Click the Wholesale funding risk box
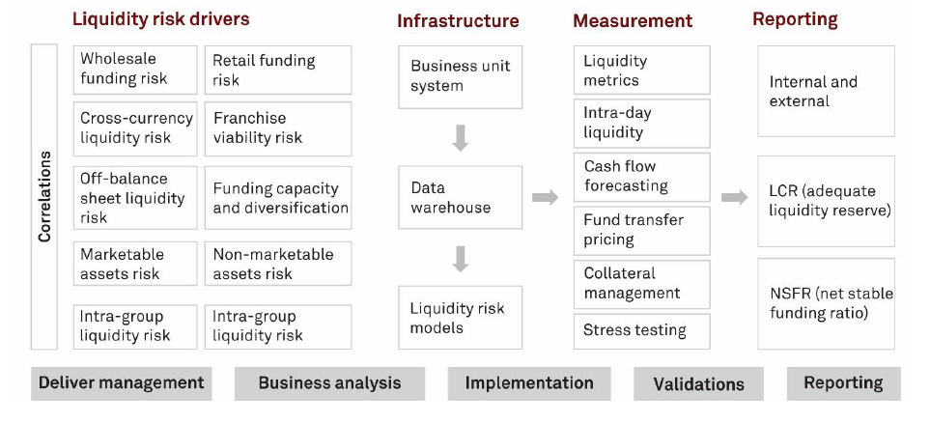coord(135,70)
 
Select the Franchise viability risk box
coord(278,128)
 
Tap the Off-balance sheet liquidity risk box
coord(135,198)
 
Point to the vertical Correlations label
coord(44,196)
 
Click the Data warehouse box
coord(461,198)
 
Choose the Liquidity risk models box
coord(461,318)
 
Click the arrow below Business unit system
coord(461,138)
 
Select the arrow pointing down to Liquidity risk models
coord(461,259)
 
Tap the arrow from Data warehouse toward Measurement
coord(545,198)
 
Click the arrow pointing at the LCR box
coord(735,198)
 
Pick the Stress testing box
coord(642,331)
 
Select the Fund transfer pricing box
coord(642,231)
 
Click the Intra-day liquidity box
coord(642,124)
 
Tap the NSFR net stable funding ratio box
coord(827,304)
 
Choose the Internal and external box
coord(827,92)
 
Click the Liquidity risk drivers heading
coord(160,19)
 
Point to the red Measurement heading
coord(633,21)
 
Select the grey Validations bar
coord(698,383)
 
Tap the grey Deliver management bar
coord(121,383)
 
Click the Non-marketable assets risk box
coord(278,264)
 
